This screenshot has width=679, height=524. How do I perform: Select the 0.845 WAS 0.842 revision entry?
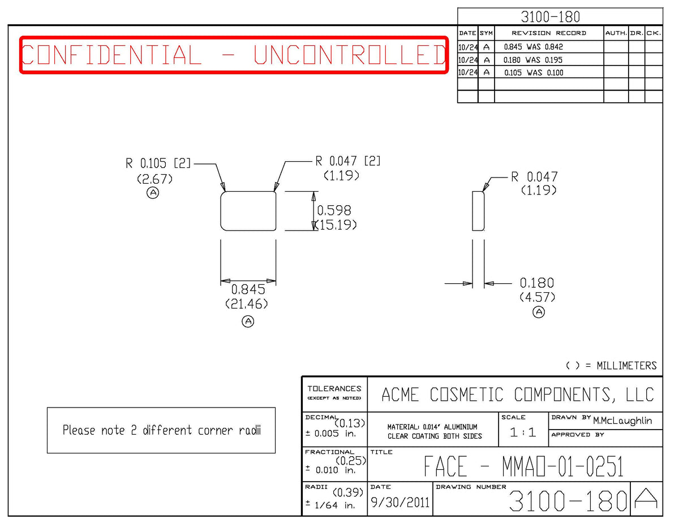534,47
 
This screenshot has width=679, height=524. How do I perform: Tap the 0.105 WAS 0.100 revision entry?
534,73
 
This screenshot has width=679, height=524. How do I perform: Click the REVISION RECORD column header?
549,33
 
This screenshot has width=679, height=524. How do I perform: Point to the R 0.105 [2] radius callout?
158,163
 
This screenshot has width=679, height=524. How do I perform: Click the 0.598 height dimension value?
334,211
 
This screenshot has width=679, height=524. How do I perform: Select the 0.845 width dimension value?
248,289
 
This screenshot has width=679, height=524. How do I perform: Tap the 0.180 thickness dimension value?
537,283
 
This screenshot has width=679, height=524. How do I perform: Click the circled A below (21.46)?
248,322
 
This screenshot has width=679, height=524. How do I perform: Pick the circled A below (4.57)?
539,312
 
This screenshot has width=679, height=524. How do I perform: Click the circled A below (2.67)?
153,193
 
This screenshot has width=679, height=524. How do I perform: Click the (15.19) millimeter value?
336,225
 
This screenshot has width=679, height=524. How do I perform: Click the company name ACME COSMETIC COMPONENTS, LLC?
518,395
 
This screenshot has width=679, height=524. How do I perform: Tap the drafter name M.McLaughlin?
622,421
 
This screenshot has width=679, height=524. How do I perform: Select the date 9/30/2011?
400,503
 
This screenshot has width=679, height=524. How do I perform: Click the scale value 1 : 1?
523,432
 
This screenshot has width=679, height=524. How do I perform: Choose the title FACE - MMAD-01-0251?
524,466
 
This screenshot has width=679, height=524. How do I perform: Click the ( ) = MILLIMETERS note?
611,366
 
